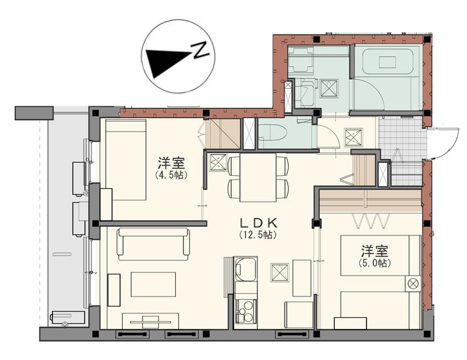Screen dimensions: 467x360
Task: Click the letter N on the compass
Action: point(200,50)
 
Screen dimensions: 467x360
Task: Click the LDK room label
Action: point(259,222)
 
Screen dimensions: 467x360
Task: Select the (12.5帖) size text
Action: point(258,235)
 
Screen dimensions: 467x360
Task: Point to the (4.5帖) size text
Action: point(171,175)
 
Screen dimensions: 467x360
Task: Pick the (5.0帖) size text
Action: point(375,263)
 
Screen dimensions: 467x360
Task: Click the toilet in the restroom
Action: point(272,132)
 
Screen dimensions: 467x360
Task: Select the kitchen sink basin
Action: point(245,269)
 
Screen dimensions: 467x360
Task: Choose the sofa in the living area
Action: point(153,244)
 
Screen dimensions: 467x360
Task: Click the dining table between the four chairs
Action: point(258,178)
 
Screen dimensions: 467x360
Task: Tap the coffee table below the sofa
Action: point(153,284)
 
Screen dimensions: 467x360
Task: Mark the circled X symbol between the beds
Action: point(413,283)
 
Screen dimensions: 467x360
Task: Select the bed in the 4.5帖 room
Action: point(126,160)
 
